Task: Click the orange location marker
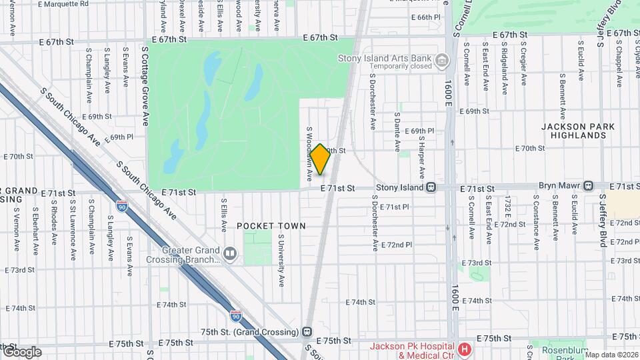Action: click(320, 159)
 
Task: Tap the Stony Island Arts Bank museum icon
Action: click(441, 62)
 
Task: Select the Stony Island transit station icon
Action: click(431, 187)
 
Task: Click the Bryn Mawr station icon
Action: click(588, 185)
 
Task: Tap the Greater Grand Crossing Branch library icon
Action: click(230, 253)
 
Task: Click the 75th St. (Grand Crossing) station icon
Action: click(307, 331)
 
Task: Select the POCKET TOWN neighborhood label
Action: click(271, 226)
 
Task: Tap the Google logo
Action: click(21, 352)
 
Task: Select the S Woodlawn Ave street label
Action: click(309, 154)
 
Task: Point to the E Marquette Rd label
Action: click(63, 4)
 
